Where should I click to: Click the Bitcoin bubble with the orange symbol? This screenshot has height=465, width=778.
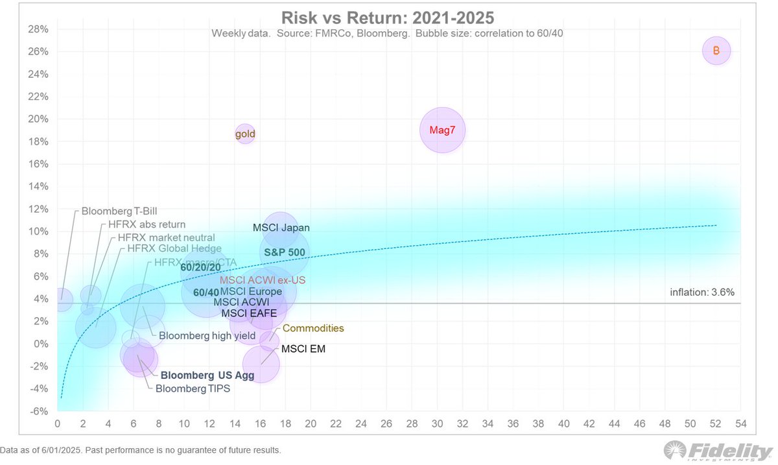click(716, 51)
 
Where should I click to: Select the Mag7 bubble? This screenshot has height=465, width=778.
click(442, 130)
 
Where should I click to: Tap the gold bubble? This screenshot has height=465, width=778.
click(244, 134)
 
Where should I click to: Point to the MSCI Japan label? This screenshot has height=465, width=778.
click(281, 228)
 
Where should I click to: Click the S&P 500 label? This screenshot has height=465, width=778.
click(284, 252)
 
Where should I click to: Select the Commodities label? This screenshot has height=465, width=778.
click(313, 328)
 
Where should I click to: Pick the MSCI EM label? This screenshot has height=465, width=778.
click(303, 349)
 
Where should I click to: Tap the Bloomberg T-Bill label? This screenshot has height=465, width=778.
click(119, 211)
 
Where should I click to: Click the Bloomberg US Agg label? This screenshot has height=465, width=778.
click(207, 375)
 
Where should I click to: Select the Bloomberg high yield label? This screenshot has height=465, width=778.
click(207, 336)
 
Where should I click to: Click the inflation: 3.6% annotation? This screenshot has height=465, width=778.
click(702, 292)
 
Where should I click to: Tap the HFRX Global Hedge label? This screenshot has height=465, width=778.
click(174, 248)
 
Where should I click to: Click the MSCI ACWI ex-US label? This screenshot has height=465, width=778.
click(262, 280)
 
